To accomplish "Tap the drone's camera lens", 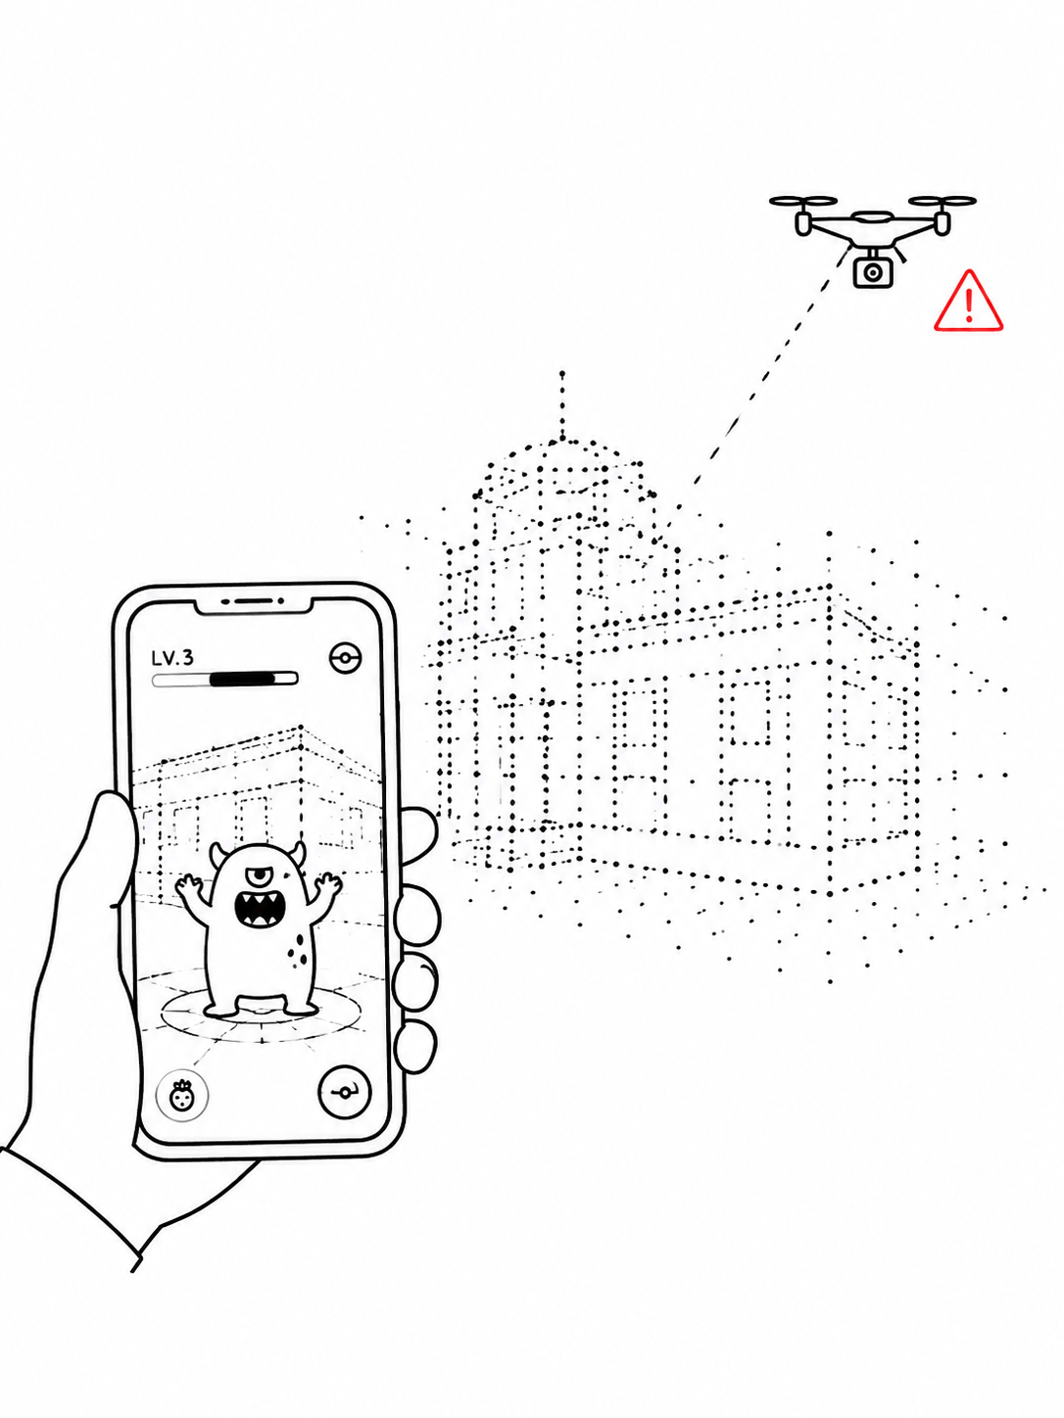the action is [x=872, y=272].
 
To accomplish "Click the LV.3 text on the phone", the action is [x=171, y=658].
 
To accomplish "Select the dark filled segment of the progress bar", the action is [x=242, y=679].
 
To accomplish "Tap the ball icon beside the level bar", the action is [x=345, y=658].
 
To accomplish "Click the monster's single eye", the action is [x=260, y=876].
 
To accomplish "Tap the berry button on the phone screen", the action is [x=182, y=1094].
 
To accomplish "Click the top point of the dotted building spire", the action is [x=562, y=373].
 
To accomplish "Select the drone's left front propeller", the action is [x=803, y=201].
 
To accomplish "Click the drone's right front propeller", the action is [x=942, y=201].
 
